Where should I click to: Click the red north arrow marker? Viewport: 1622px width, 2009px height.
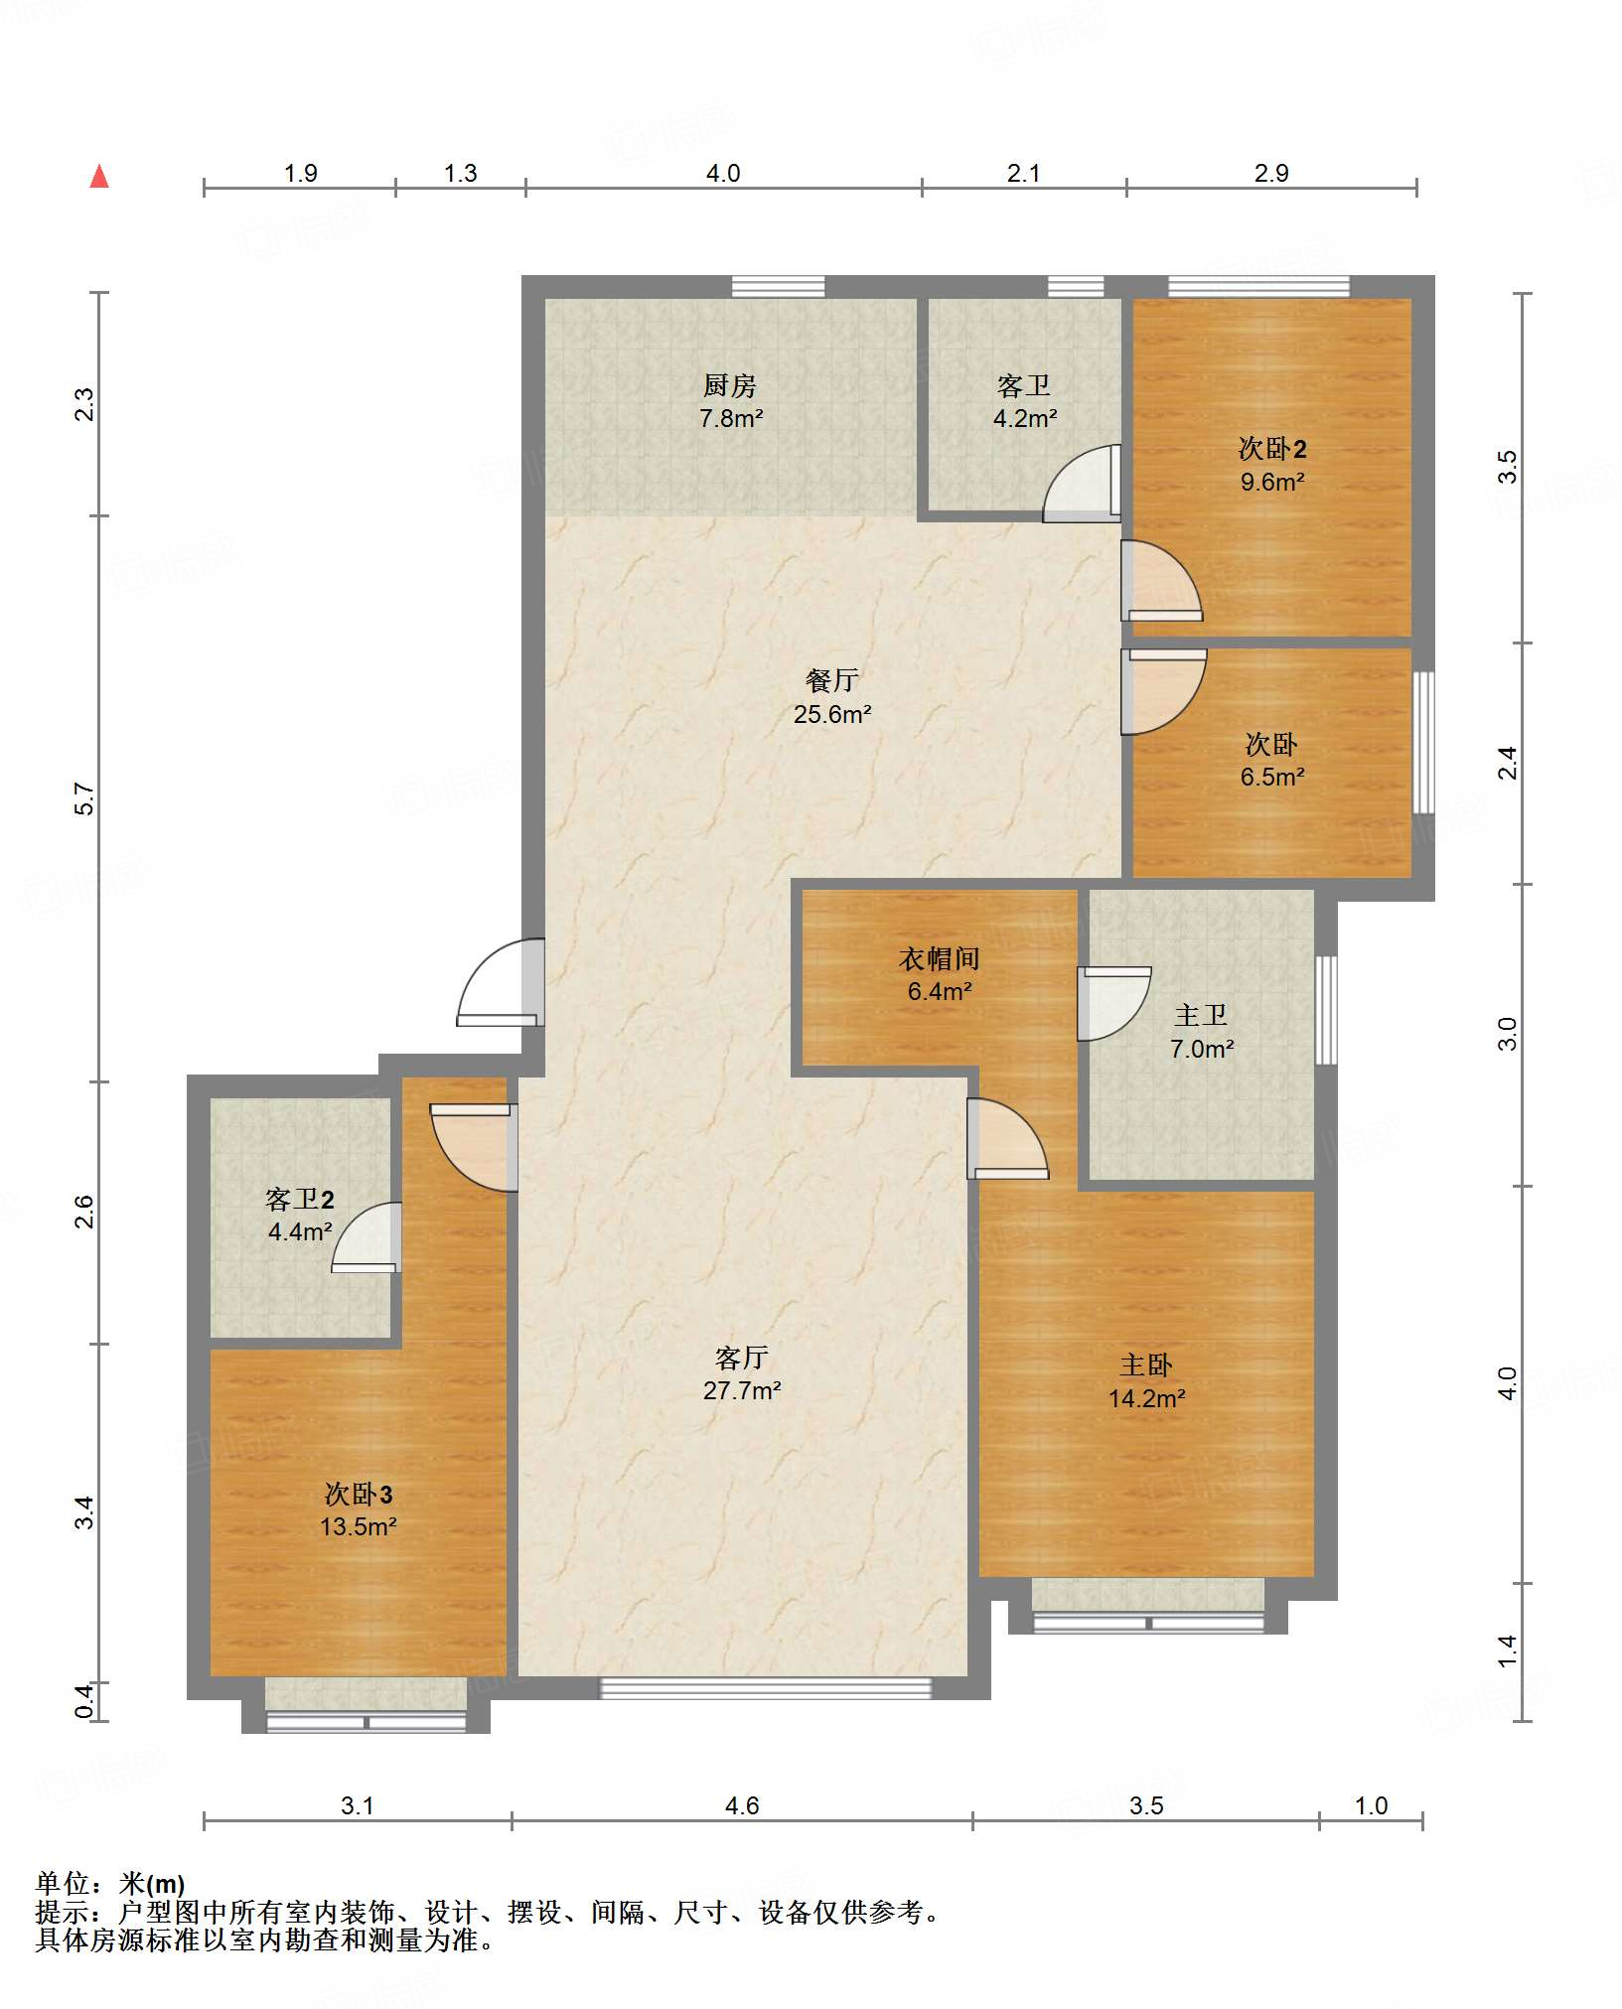click(99, 177)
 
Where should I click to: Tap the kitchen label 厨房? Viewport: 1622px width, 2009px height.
click(730, 385)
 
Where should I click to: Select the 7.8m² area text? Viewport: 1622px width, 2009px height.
click(731, 419)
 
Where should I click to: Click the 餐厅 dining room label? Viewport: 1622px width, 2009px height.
click(832, 680)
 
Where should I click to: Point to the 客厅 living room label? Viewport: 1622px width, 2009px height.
click(742, 1358)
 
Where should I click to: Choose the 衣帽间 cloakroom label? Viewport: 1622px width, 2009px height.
click(940, 958)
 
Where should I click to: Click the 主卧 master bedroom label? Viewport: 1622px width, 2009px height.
click(1146, 1365)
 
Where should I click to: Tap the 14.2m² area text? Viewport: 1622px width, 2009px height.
click(1147, 1399)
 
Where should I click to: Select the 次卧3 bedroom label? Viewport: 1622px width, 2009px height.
click(359, 1495)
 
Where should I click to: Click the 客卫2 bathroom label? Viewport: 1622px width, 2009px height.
click(300, 1200)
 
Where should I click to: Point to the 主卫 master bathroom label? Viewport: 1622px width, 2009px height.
click(1201, 1015)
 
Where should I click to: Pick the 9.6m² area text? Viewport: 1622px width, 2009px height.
click(1272, 483)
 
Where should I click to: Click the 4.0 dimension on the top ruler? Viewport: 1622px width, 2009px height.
click(723, 174)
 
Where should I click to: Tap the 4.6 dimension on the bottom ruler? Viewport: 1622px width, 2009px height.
click(742, 1805)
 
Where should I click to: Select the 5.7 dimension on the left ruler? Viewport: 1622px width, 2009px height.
click(85, 799)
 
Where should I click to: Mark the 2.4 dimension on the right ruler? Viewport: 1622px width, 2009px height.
click(1508, 763)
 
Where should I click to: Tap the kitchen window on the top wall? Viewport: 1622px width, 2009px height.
click(779, 287)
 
